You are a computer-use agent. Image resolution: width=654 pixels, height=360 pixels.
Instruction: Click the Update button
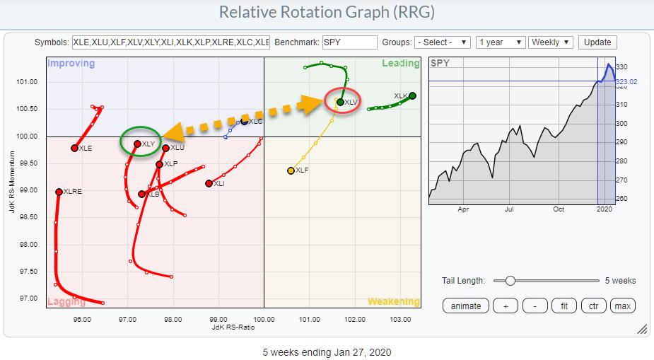597,42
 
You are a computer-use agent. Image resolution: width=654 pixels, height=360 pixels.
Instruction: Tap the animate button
465,306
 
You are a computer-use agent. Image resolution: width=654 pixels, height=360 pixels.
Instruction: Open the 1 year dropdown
501,42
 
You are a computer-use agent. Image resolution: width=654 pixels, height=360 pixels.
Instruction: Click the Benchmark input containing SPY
349,42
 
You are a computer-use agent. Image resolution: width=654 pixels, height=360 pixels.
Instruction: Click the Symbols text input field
170,42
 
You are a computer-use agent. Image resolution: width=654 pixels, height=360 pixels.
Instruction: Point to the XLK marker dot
412,95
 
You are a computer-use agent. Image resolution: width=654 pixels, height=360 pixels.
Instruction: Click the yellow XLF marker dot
291,170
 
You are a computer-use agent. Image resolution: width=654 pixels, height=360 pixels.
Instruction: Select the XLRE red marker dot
59,192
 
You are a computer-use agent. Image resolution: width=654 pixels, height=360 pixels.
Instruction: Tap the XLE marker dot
74,148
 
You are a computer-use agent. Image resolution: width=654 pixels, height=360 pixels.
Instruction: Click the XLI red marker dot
209,183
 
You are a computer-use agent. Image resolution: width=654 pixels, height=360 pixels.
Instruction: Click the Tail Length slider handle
510,281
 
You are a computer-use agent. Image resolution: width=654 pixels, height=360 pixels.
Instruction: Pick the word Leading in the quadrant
401,64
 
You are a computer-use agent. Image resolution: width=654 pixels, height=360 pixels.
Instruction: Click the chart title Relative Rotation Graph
327,13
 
